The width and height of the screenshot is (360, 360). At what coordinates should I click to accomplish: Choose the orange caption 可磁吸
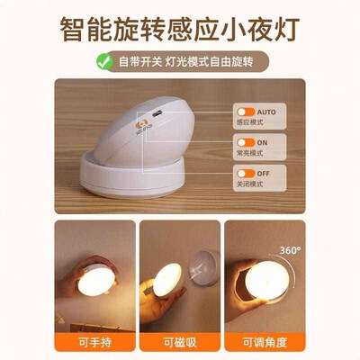pos(180,343)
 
